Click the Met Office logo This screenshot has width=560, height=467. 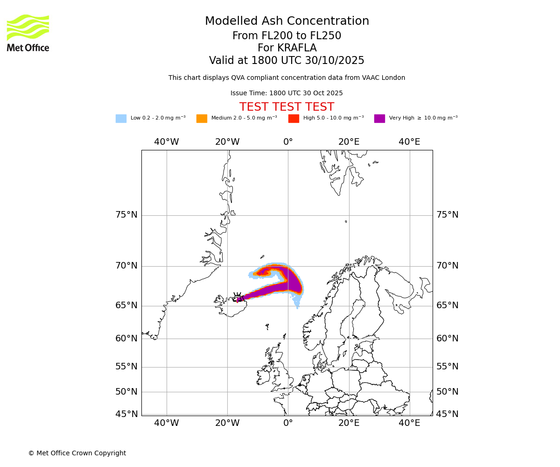point(28,33)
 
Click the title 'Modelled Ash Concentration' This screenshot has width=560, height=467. point(287,21)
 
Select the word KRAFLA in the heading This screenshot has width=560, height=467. point(297,48)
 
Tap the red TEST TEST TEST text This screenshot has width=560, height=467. point(287,107)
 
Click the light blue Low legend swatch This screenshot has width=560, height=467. point(121,119)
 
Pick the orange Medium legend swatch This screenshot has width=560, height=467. point(202,119)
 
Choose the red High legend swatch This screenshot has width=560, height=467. point(294,119)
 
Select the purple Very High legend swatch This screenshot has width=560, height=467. point(379,119)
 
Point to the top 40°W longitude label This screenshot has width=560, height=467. point(167,142)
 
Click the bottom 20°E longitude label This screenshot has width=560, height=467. point(349,423)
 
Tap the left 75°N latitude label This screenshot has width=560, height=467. point(126,215)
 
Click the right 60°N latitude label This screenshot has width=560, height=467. point(447,339)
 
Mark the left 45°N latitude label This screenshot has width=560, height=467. point(126,414)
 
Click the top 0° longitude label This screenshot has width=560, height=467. point(288,142)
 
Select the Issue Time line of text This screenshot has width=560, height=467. point(287,93)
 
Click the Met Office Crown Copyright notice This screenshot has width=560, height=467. point(77,453)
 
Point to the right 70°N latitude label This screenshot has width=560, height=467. point(447,266)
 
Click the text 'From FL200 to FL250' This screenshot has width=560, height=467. point(287,36)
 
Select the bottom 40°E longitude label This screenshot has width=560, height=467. point(409,423)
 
